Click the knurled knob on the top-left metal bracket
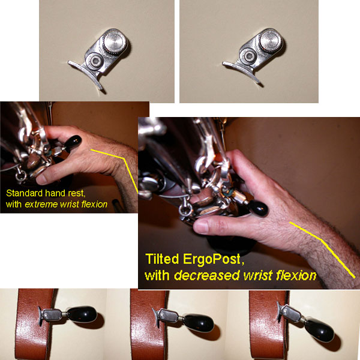pos(115,43)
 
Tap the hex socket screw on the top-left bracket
pos(95,61)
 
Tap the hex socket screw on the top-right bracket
pos(248,56)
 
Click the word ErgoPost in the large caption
pos(211,260)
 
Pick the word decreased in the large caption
pos(207,275)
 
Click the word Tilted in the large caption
pos(162,259)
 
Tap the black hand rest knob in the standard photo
pos(73,143)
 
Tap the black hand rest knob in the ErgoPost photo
pos(259,208)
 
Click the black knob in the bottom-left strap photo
pos(82,314)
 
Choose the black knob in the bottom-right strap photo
pos(319,330)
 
